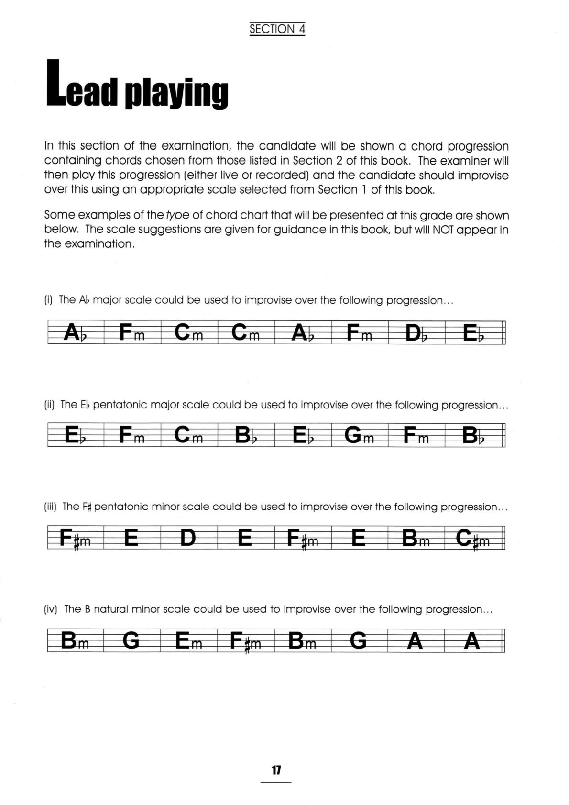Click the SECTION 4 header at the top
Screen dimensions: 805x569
point(277,29)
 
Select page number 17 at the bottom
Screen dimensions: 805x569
point(276,770)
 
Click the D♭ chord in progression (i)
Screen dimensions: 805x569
point(416,333)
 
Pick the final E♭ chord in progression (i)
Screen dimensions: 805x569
point(473,333)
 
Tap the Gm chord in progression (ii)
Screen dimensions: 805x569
point(359,435)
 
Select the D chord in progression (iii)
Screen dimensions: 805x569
point(188,538)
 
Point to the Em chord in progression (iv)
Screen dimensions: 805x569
point(189,640)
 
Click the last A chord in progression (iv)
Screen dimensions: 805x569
point(472,640)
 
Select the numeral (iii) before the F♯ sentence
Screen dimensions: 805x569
point(50,507)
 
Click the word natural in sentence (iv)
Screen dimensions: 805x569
point(111,609)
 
